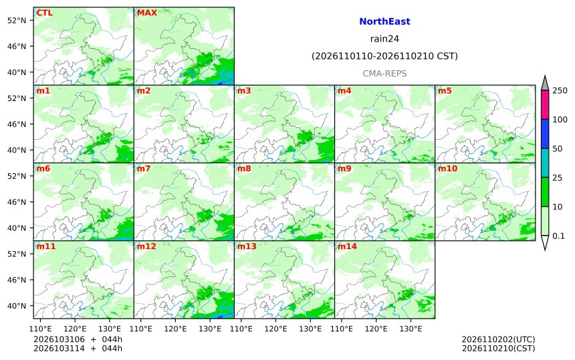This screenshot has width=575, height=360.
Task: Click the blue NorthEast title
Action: click(384, 21)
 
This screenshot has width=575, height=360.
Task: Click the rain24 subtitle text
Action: click(384, 39)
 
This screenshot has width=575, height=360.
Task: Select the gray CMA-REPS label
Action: click(384, 74)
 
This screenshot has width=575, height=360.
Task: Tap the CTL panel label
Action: click(44, 13)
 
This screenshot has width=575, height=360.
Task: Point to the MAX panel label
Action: click(146, 13)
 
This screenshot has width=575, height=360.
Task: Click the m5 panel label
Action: click(445, 90)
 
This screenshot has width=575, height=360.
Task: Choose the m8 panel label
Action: click(244, 169)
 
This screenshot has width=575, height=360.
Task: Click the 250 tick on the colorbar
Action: click(560, 90)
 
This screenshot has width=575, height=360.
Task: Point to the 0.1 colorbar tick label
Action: click(558, 236)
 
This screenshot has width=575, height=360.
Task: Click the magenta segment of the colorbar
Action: click(545, 104)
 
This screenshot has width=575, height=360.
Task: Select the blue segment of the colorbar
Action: click(545, 134)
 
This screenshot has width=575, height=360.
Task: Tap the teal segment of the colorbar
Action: click(545, 163)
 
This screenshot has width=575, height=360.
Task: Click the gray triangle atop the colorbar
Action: click(545, 84)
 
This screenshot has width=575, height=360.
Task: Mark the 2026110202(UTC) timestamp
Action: click(498, 339)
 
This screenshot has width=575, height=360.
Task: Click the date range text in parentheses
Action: click(384, 56)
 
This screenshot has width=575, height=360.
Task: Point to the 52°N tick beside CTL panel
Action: click(17, 20)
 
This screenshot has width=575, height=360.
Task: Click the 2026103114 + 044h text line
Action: click(78, 348)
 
